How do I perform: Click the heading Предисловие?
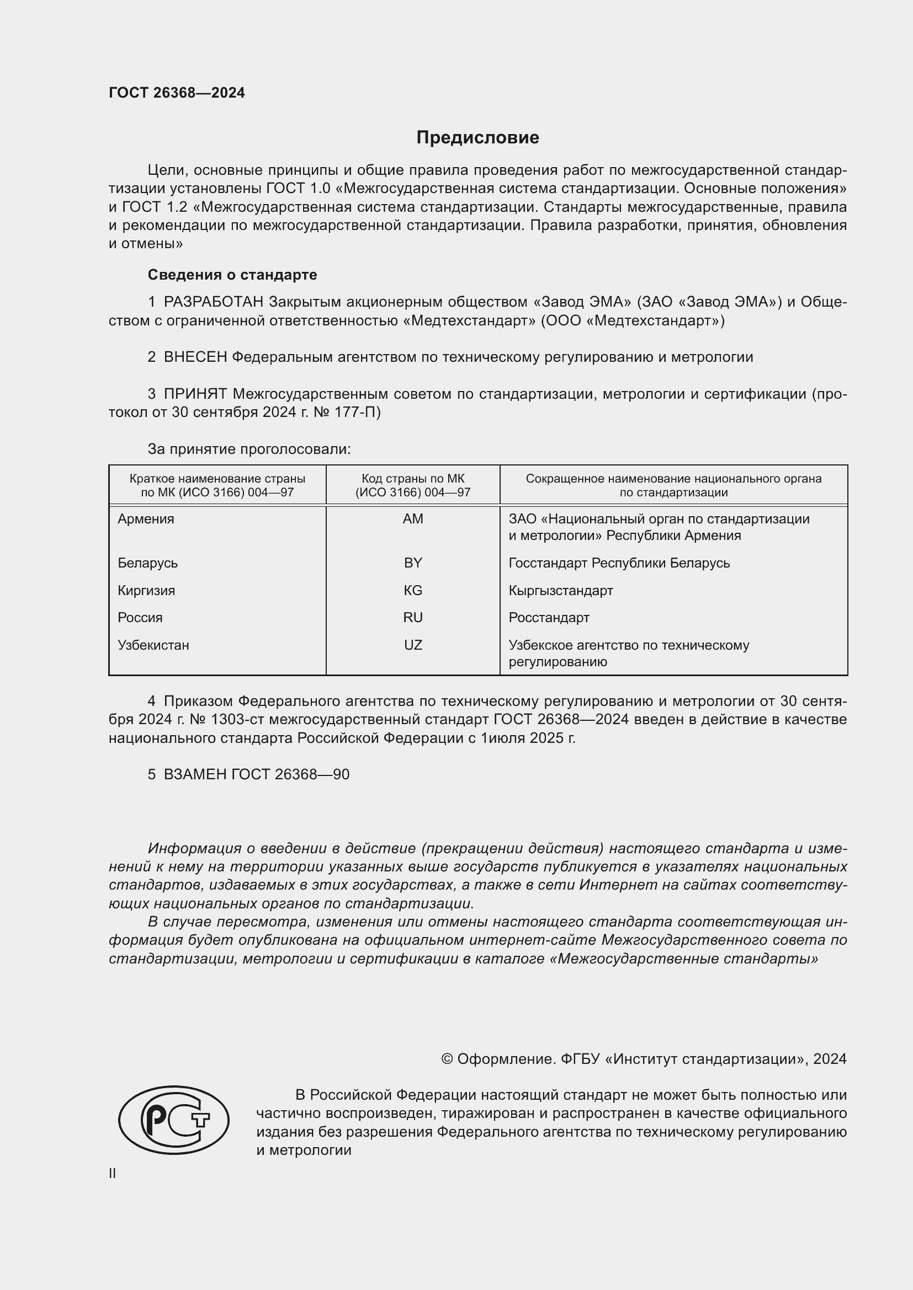pyautogui.click(x=477, y=138)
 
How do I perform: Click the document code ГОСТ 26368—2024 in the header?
pyautogui.click(x=177, y=93)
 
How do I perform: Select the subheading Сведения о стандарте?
pyautogui.click(x=232, y=275)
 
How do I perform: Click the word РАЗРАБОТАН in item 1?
pyautogui.click(x=214, y=302)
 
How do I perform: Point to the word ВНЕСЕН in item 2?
pyautogui.click(x=195, y=357)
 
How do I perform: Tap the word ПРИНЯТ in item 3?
pyautogui.click(x=195, y=394)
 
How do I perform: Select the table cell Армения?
pyautogui.click(x=146, y=519)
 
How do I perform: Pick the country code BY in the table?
pyautogui.click(x=413, y=563)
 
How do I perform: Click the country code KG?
pyautogui.click(x=413, y=591)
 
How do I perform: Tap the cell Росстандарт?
pyautogui.click(x=549, y=618)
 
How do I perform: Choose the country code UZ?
pyautogui.click(x=413, y=645)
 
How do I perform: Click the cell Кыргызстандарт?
pyautogui.click(x=560, y=591)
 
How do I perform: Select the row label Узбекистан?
pyautogui.click(x=153, y=645)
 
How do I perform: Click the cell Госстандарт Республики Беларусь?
pyautogui.click(x=619, y=563)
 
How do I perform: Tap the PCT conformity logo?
pyautogui.click(x=174, y=1120)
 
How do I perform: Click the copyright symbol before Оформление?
pyautogui.click(x=447, y=1059)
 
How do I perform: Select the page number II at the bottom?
pyautogui.click(x=113, y=1174)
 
